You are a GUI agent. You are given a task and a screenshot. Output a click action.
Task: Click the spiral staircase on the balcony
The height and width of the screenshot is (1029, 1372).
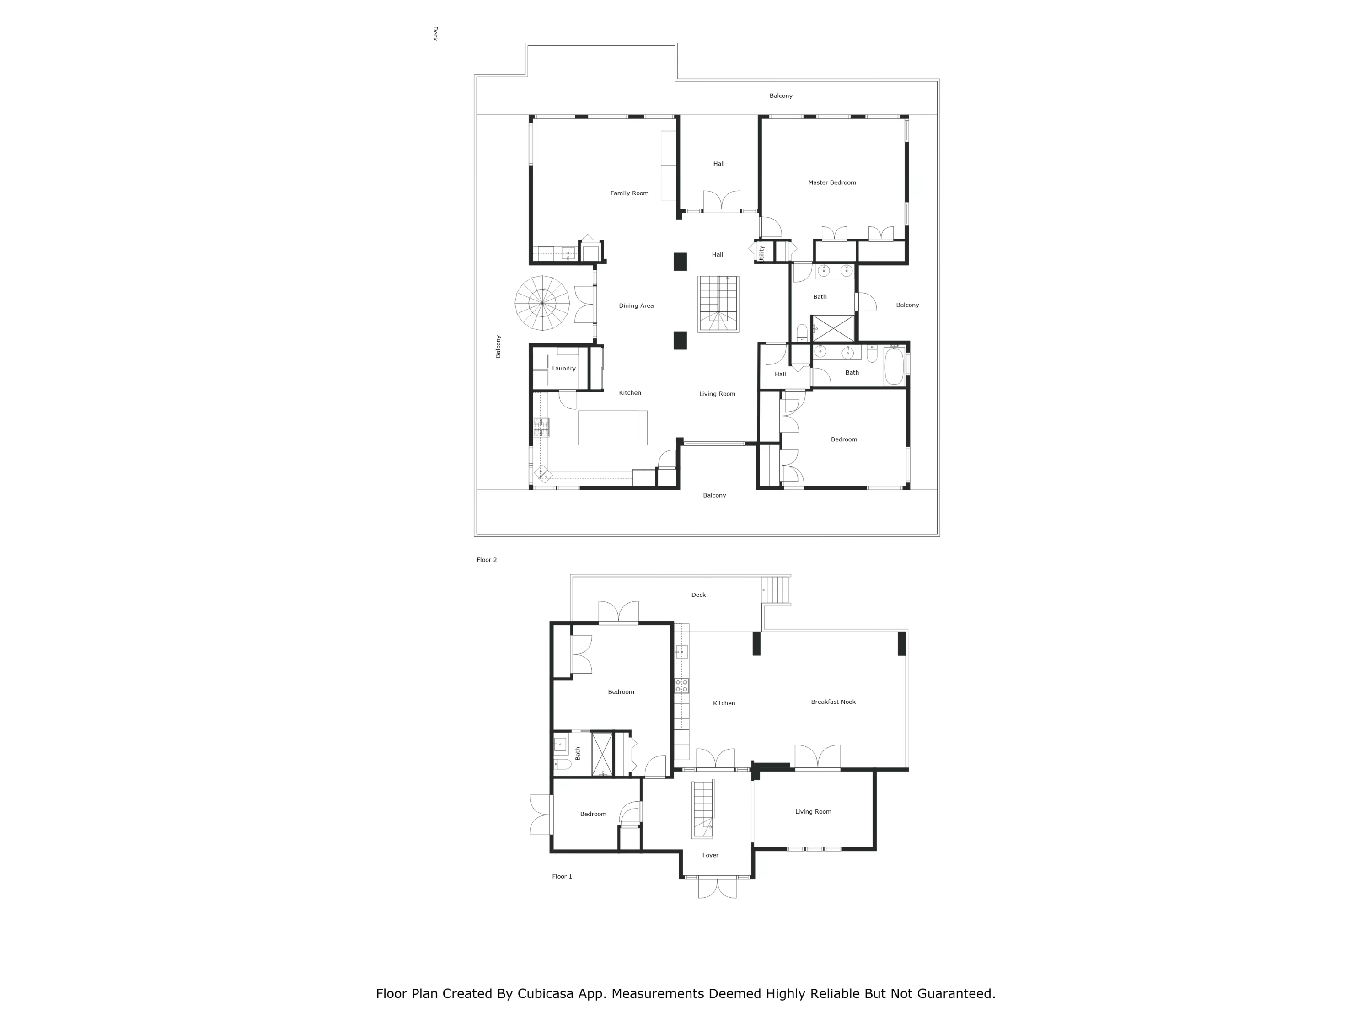coord(542,303)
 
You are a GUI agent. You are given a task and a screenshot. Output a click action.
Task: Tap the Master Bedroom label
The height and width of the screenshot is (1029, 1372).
coord(832,183)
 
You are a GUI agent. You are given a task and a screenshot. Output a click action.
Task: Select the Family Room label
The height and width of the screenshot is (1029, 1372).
coord(629,193)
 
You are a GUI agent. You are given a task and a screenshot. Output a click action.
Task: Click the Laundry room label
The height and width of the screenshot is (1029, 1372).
coord(564,369)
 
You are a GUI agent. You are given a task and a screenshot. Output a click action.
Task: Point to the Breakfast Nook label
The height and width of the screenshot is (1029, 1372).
coord(833,702)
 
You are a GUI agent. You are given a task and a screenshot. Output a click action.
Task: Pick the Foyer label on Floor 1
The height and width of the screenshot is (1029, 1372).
coord(710,855)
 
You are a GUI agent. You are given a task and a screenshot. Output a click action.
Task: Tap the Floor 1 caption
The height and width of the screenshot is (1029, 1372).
coord(562,876)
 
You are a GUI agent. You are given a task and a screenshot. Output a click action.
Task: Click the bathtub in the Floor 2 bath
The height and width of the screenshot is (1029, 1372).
coord(894,367)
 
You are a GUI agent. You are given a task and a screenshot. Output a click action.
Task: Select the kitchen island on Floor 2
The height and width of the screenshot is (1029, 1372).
coord(612,428)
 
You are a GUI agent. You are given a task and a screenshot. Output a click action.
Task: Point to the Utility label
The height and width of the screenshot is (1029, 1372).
coord(761,253)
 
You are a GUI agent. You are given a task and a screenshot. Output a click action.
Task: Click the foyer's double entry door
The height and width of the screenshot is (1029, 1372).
coord(717,888)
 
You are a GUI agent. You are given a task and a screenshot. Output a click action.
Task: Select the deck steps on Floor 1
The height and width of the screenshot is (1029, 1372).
coord(775,590)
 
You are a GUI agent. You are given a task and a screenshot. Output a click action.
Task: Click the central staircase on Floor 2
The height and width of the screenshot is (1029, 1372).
coord(718,304)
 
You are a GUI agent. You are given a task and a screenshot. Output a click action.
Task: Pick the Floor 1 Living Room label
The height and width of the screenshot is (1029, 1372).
coord(813,812)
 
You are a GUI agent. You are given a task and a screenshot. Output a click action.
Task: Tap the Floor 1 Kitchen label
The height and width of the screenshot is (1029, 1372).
coord(724,703)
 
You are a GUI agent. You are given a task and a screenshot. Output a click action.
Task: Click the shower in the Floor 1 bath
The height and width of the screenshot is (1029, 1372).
coord(602,754)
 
